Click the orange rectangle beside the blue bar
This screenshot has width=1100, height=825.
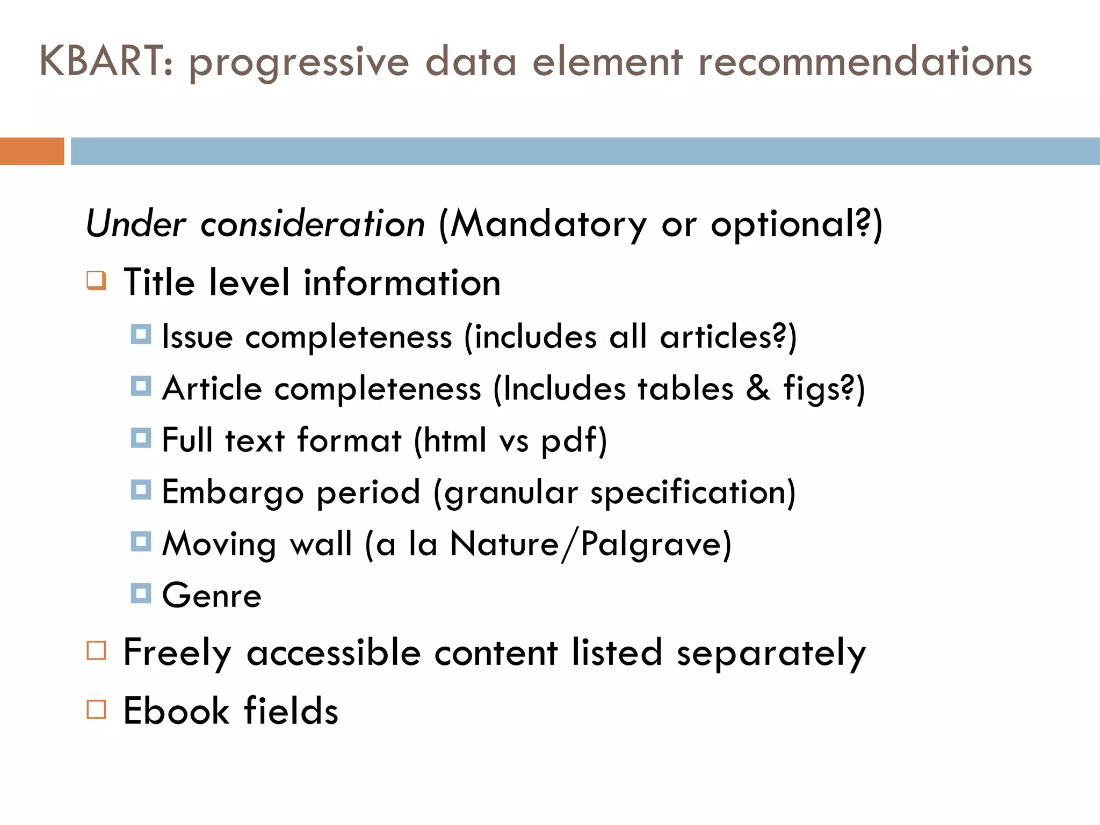[x=32, y=151]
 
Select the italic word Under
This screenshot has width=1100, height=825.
[x=136, y=223]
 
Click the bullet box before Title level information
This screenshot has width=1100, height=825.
[x=97, y=280]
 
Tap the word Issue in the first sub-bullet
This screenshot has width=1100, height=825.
[x=197, y=337]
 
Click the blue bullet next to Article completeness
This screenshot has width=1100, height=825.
[x=141, y=386]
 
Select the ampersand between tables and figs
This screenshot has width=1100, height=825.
[x=758, y=388]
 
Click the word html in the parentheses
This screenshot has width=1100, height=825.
[x=454, y=440]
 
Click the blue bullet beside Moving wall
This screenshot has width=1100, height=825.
[x=141, y=541]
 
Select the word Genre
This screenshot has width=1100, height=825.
[x=212, y=596]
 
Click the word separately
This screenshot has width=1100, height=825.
[x=771, y=654]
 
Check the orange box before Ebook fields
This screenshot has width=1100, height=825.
[x=97, y=709]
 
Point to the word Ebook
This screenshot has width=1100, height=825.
[x=176, y=711]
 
